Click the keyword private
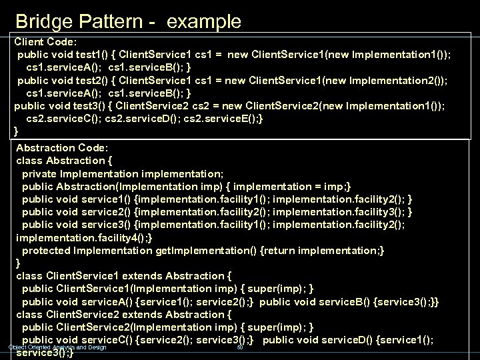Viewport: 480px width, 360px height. [x=42, y=173]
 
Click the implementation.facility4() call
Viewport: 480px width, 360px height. [x=81, y=237]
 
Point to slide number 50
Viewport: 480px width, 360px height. [x=239, y=347]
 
